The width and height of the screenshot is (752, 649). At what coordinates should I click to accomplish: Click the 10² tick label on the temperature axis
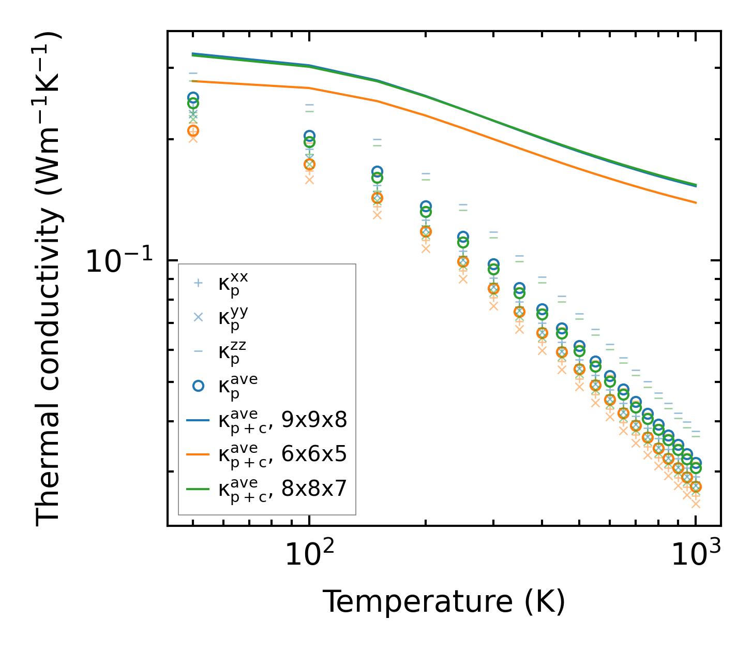pos(309,555)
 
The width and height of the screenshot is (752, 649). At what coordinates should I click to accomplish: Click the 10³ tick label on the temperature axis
pos(696,555)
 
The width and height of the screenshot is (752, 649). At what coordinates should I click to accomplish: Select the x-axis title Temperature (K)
pos(444,602)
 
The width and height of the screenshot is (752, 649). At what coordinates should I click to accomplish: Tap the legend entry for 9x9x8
pos(282,420)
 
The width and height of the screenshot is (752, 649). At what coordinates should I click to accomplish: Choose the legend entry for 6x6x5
pos(282,454)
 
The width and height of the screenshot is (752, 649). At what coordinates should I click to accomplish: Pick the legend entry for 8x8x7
pos(282,488)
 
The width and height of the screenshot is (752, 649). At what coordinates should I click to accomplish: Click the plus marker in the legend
pos(198,283)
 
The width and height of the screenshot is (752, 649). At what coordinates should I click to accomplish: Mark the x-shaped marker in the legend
pos(198,317)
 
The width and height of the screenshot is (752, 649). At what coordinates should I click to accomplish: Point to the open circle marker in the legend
pos(198,386)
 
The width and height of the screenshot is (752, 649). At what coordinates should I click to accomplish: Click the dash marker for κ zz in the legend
pos(198,351)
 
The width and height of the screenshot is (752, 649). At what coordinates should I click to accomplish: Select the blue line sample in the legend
pos(198,420)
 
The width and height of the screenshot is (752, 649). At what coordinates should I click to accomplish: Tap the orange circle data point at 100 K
pos(309,165)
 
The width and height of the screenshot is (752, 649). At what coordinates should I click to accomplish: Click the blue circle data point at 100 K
pos(309,136)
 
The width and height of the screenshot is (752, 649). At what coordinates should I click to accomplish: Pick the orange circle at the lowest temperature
pos(193,130)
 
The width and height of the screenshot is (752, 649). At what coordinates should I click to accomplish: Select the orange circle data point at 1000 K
pos(696,486)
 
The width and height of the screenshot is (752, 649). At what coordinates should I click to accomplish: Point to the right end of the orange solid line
pos(696,202)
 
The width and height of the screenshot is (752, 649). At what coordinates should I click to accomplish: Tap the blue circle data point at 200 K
pos(426,206)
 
